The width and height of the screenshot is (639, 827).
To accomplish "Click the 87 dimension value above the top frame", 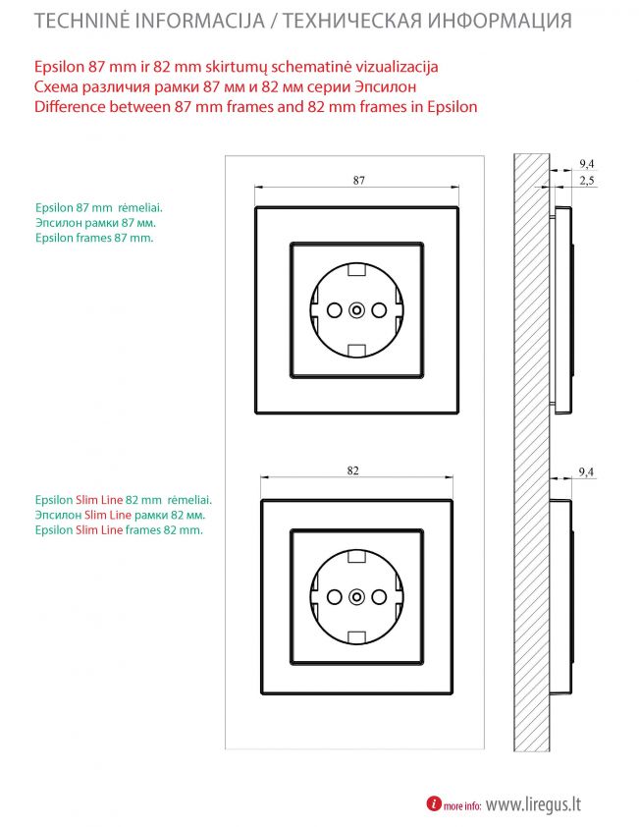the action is coord(358,181).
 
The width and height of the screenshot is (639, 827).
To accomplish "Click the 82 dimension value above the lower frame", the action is coord(352,470).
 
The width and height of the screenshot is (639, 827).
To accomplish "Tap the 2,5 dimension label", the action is coord(587,181).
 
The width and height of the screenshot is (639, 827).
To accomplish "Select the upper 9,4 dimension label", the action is coord(587,163).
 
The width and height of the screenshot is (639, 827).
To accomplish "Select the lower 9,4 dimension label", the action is coord(586,471).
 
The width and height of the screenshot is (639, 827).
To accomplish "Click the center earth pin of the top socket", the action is coord(356,310).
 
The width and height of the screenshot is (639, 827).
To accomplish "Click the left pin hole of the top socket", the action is coord(335,310).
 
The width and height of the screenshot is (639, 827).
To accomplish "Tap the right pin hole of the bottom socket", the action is coord(379,597).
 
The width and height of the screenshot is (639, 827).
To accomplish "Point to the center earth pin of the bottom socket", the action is coord(356,597).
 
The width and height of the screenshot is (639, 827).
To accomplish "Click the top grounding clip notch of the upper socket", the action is coord(357,270).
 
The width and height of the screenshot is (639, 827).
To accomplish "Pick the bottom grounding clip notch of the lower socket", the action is coord(357,637).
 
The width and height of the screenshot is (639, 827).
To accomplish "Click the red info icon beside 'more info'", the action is coord(434,803).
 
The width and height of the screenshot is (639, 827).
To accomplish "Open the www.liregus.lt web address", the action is coord(533,804).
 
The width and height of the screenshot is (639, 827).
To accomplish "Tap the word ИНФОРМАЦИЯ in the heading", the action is coord(500,21).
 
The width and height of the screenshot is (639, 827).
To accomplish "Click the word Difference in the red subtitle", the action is coord(70,106).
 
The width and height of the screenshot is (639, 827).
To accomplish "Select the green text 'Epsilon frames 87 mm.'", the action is coord(94,238).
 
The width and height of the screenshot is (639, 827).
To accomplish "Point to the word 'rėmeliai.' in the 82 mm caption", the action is coord(189,500).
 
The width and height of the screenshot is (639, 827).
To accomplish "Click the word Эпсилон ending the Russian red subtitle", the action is coord(386,86).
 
